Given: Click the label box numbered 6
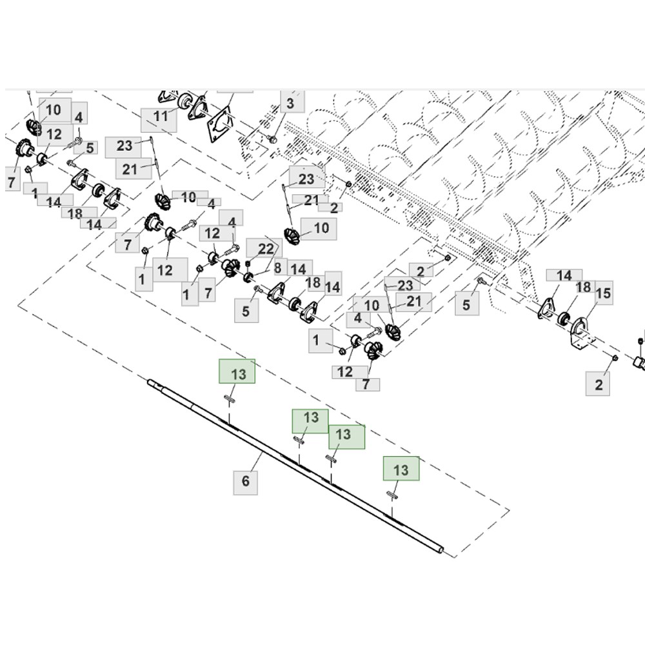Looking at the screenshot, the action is (x=246, y=482).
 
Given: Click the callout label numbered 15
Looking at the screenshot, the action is (x=603, y=293).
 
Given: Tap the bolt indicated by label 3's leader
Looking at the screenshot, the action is (x=272, y=139).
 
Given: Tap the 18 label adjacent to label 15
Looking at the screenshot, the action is (x=584, y=287).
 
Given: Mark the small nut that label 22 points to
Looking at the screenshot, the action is (x=248, y=263).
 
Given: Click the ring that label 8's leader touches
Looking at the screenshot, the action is (x=248, y=277).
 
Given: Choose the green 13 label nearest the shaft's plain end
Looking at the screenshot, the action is (x=401, y=468).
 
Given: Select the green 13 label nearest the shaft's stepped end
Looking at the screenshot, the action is (x=237, y=371).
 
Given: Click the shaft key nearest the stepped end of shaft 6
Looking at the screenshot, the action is (x=230, y=398).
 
